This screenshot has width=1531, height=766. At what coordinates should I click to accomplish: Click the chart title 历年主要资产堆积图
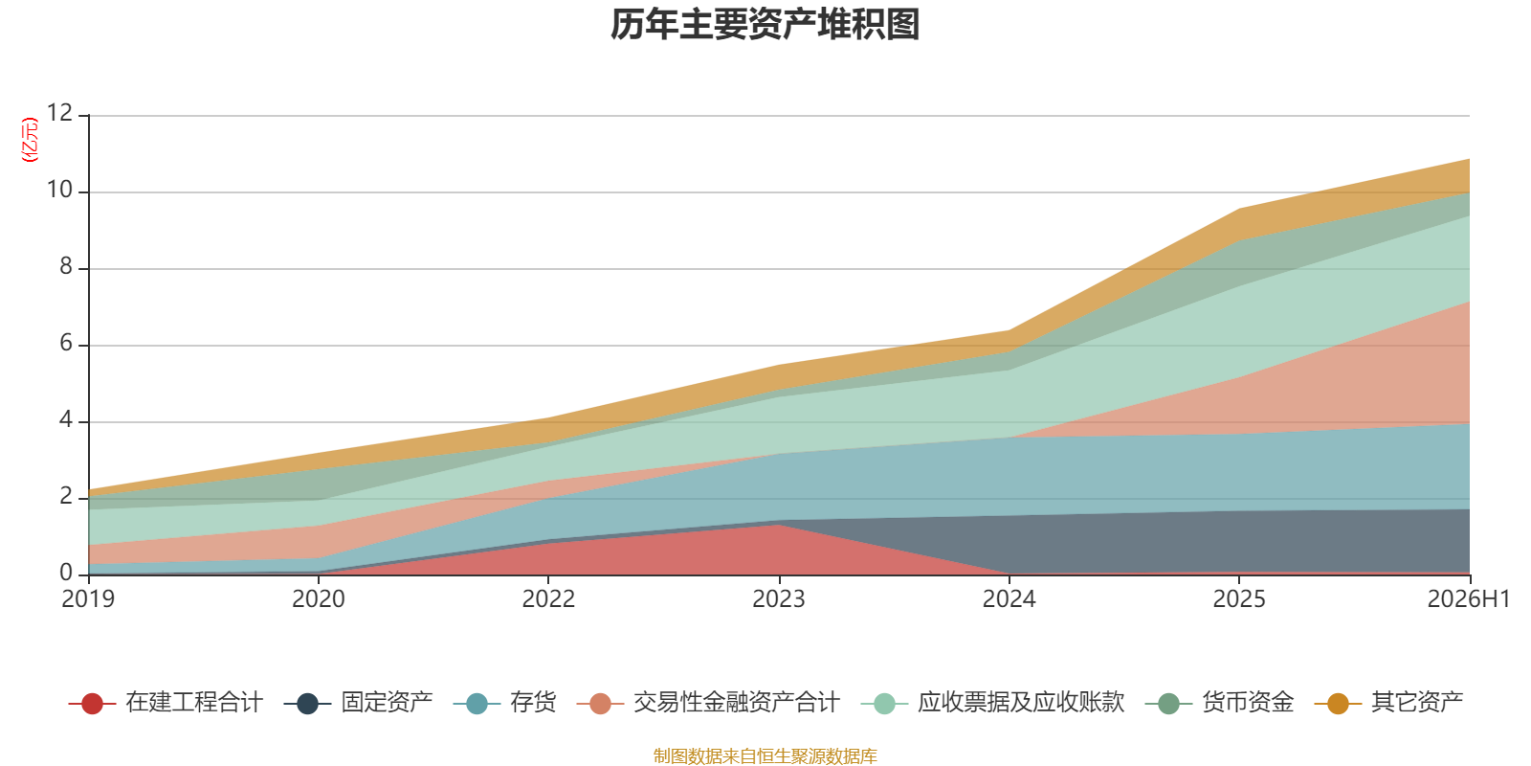point(765,25)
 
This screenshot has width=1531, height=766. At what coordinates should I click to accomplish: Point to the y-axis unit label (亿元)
point(30,140)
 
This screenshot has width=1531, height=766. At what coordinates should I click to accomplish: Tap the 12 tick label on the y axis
point(59,113)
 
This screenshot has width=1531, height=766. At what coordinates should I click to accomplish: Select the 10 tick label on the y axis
point(59,190)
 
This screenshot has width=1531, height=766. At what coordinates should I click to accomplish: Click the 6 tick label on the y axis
point(66,343)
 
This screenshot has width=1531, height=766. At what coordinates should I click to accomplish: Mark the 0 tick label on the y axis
point(66,573)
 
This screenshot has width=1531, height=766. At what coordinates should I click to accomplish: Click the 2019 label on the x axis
point(88,599)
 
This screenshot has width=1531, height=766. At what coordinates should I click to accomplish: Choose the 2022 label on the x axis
point(549,599)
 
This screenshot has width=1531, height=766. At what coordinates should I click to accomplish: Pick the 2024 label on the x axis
point(1009,599)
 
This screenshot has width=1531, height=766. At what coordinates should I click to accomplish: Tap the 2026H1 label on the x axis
point(1468,599)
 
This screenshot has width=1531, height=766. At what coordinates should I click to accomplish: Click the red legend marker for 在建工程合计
point(92,703)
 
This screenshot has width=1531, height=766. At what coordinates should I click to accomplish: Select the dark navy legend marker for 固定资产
point(307,703)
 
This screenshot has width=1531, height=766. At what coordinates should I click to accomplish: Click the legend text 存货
point(533,703)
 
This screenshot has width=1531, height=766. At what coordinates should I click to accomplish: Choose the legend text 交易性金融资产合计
point(737,703)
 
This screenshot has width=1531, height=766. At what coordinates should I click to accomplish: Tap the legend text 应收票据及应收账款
point(1021,703)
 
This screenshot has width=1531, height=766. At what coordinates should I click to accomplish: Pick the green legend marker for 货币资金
point(1169,703)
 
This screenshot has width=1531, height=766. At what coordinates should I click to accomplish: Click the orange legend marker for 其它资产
point(1339,703)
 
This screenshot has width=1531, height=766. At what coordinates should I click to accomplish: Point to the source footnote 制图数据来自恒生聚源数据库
point(765,755)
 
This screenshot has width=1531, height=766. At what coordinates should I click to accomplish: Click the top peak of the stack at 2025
point(1239,210)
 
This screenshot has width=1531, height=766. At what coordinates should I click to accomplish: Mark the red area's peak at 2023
point(779,525)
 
